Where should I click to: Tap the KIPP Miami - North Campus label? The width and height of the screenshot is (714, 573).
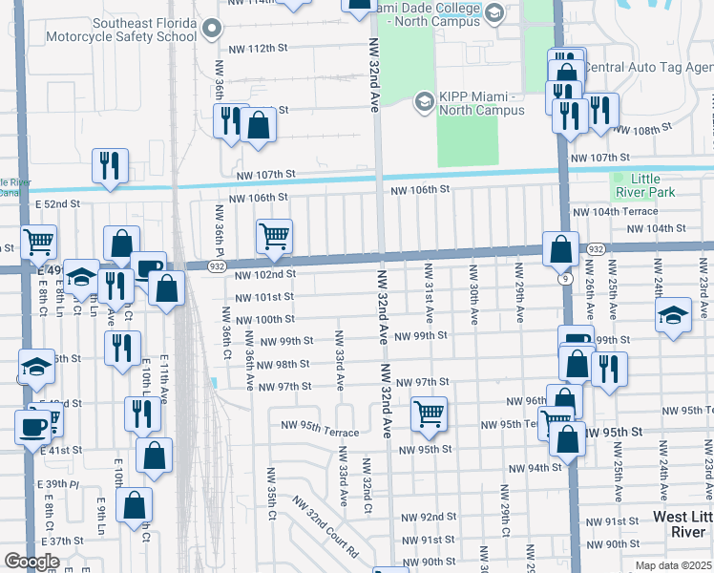481,103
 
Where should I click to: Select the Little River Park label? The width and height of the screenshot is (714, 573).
660,185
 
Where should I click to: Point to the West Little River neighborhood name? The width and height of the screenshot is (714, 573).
682,523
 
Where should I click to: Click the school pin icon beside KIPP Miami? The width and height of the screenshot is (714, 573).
423,103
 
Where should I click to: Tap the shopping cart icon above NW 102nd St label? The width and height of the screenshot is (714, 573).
274,236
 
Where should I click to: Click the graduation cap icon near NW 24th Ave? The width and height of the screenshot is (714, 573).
673,315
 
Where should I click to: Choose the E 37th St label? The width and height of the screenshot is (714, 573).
63,541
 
